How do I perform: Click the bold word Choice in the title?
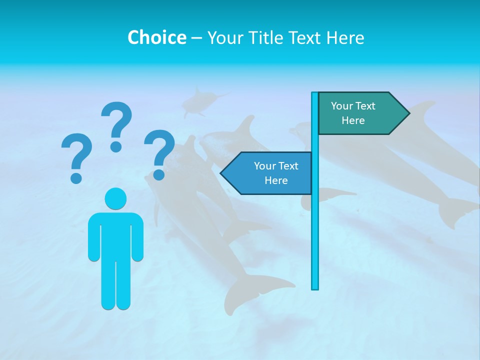coord(156,37)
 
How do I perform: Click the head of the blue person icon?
coord(115,198)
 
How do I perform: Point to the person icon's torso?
coord(115,235)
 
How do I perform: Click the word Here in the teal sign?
coord(353,120)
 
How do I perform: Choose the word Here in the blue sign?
coord(276,180)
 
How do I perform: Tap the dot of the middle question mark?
coord(116,146)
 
